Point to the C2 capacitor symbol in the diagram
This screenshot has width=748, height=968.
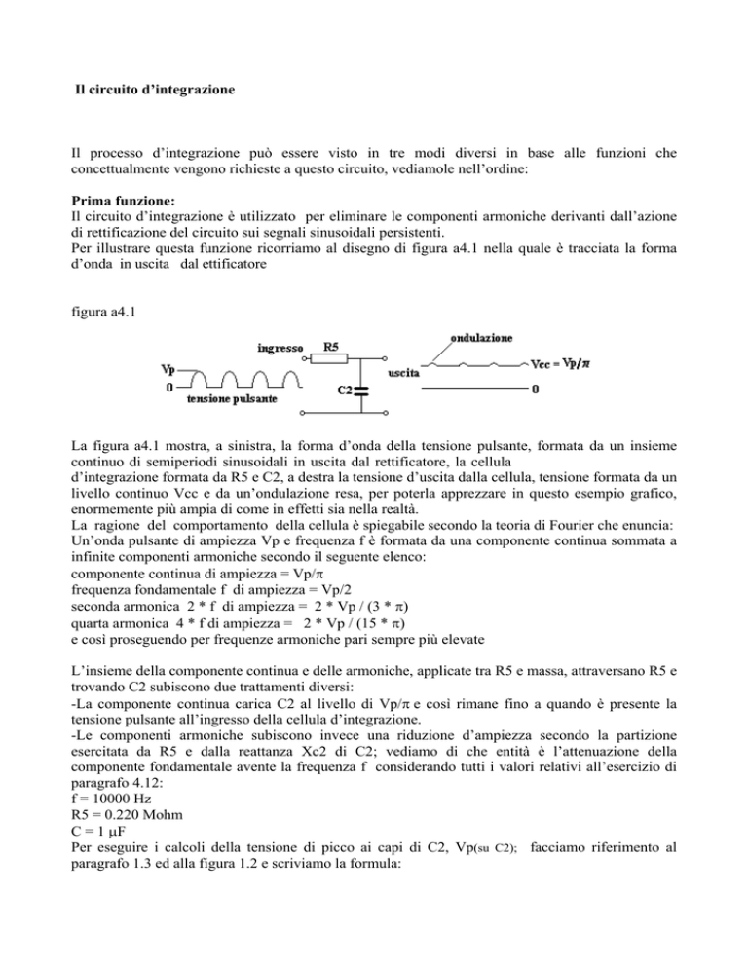tap(360, 391)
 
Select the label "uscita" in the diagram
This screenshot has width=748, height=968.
tap(404, 374)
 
